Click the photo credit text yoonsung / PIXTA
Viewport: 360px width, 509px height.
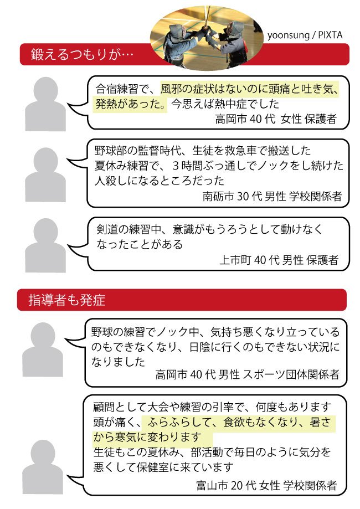tap(305, 35)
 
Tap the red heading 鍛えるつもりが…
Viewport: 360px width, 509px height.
tap(82, 54)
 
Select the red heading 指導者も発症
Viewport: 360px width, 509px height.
tap(67, 300)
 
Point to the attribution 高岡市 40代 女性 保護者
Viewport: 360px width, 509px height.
tap(276, 119)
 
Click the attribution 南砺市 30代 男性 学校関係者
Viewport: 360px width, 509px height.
tap(272, 196)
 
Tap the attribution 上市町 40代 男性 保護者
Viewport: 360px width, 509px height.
tap(279, 260)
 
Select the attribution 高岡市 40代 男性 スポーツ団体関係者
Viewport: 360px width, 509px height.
tap(248, 374)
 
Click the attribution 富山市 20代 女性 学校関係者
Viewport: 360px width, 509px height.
tap(266, 485)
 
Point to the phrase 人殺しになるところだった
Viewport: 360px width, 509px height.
tap(160, 181)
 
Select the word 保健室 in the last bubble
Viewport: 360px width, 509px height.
tap(153, 467)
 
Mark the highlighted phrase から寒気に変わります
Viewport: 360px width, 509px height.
tap(148, 437)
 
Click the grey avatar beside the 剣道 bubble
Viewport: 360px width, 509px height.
tap(45, 246)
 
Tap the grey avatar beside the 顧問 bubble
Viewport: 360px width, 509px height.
tap(43, 467)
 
